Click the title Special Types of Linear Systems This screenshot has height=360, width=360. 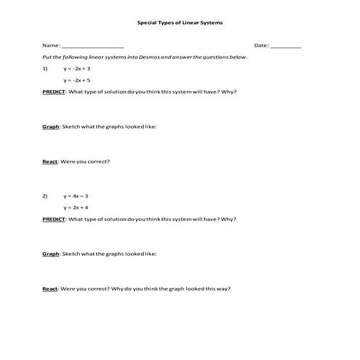coord(180,23)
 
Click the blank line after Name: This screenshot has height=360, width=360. coord(92,46)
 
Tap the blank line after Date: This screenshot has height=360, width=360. coord(286,46)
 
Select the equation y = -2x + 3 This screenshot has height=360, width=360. coord(77,68)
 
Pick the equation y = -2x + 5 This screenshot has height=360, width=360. coord(77,80)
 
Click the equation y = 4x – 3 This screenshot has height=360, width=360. coord(76,196)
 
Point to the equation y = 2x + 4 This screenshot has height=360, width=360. coord(76,207)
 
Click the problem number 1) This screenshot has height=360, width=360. coord(45,68)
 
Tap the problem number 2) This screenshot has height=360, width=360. coord(45,196)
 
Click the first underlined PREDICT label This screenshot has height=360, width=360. coord(54,92)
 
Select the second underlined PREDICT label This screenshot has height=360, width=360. coord(54,219)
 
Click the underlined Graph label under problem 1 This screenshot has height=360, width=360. coord(50,127)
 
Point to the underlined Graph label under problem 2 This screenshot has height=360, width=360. coord(50,254)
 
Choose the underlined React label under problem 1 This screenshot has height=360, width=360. coord(50,161)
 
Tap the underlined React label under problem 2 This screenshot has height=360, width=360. coord(50,289)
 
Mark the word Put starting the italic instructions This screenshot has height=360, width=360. coord(47,57)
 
